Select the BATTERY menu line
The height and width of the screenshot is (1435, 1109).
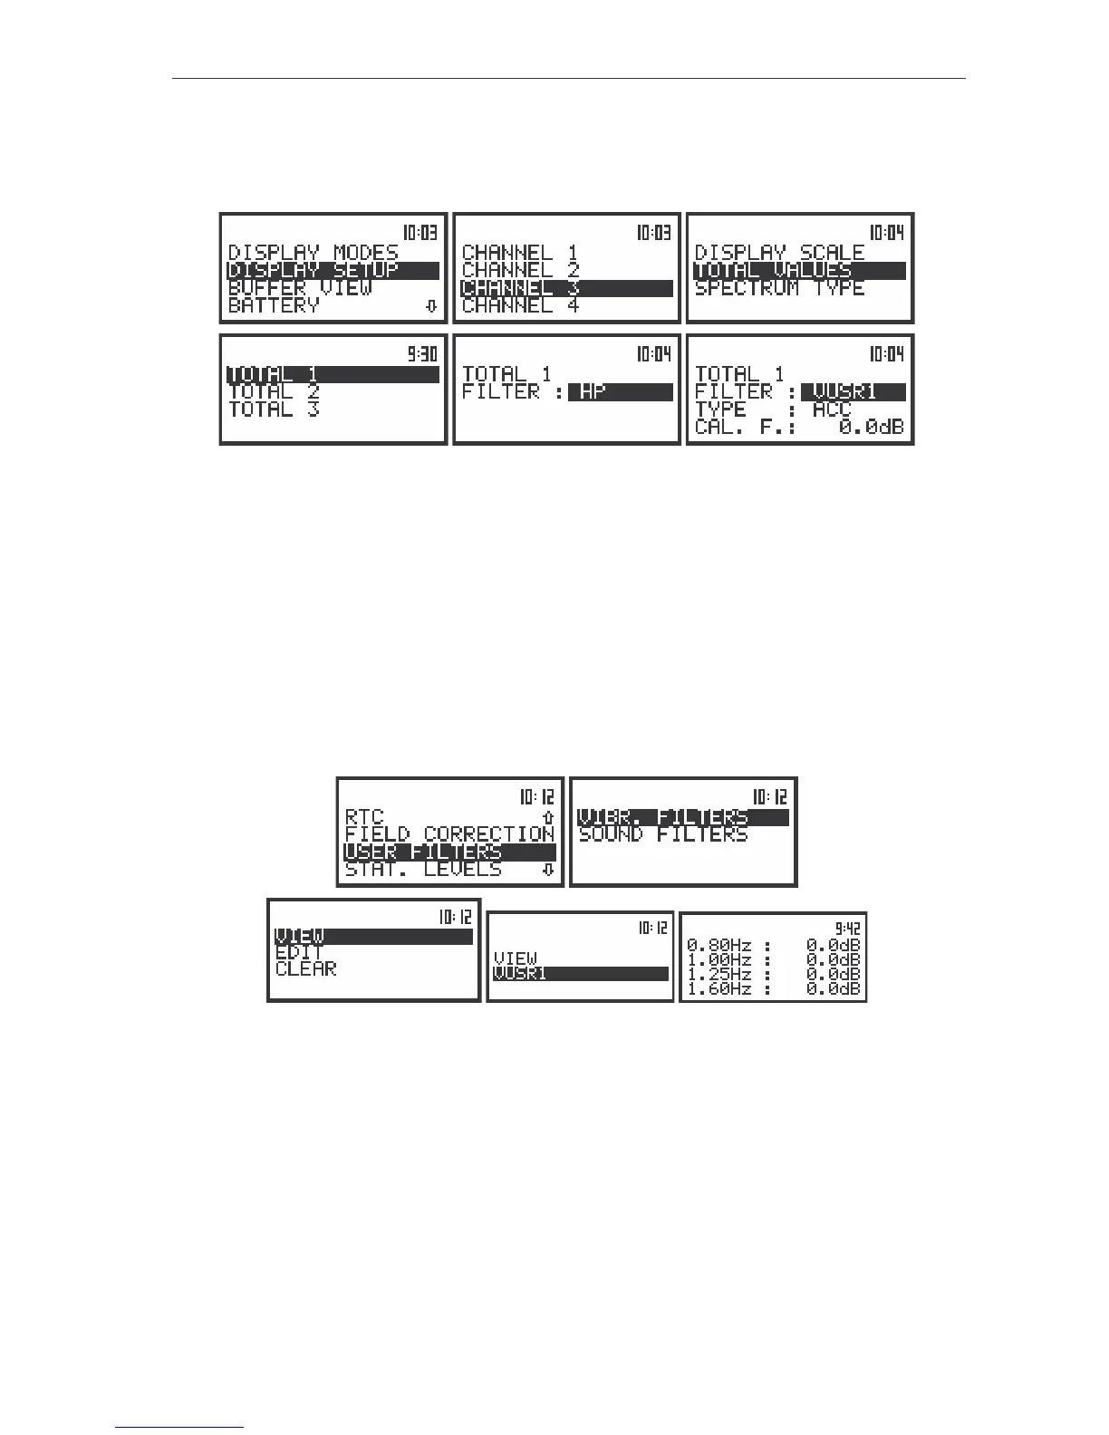[x=274, y=305]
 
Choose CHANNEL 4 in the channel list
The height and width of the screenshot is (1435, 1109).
[x=519, y=305]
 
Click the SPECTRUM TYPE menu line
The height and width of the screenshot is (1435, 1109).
[x=779, y=288]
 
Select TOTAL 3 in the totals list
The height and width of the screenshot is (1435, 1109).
[x=274, y=409]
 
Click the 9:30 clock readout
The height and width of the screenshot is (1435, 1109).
[x=421, y=353]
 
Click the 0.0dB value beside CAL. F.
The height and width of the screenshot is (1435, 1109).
[x=871, y=427]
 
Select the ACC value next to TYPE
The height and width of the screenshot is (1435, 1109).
[x=832, y=409]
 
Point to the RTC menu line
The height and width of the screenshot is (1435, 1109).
[x=364, y=817]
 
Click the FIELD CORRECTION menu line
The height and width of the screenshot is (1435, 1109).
[x=449, y=834]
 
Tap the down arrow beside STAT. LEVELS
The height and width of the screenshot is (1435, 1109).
[x=547, y=870]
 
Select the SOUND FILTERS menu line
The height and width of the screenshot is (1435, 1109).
[x=662, y=834]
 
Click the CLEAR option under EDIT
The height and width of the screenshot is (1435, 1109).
[x=305, y=969]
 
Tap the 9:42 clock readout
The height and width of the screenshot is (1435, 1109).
[x=847, y=928]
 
